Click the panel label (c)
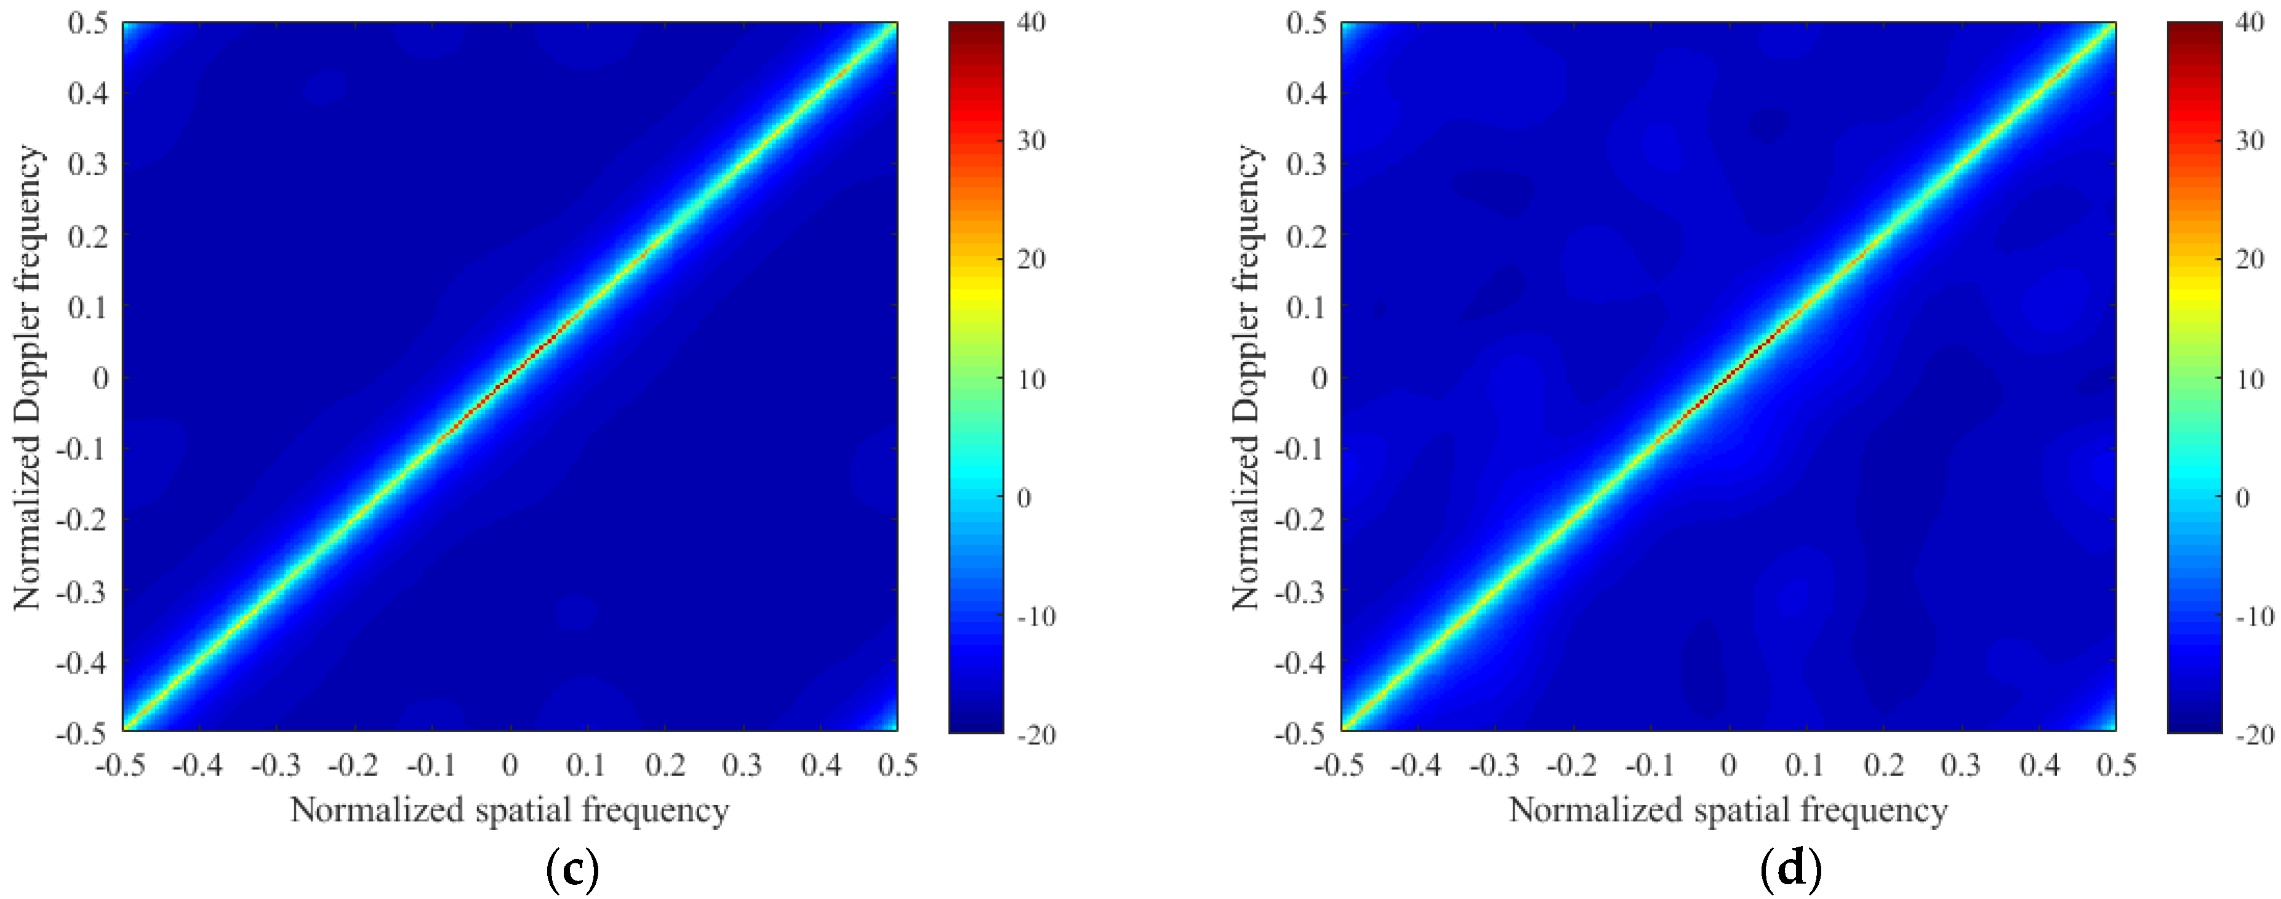click(x=573, y=870)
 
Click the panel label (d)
click(x=1791, y=870)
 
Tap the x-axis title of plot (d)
click(x=1728, y=810)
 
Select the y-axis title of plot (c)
click(x=26, y=377)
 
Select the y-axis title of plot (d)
click(x=1245, y=377)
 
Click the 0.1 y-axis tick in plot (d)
click(x=1306, y=307)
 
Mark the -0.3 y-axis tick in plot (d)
click(x=1300, y=591)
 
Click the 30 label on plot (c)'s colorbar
click(x=1031, y=141)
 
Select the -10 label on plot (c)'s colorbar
click(x=1036, y=616)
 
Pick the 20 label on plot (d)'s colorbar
click(x=2249, y=259)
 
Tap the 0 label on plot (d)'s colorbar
click(x=2242, y=498)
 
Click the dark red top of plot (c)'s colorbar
click(x=976, y=28)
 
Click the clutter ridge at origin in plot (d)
click(x=1728, y=377)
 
